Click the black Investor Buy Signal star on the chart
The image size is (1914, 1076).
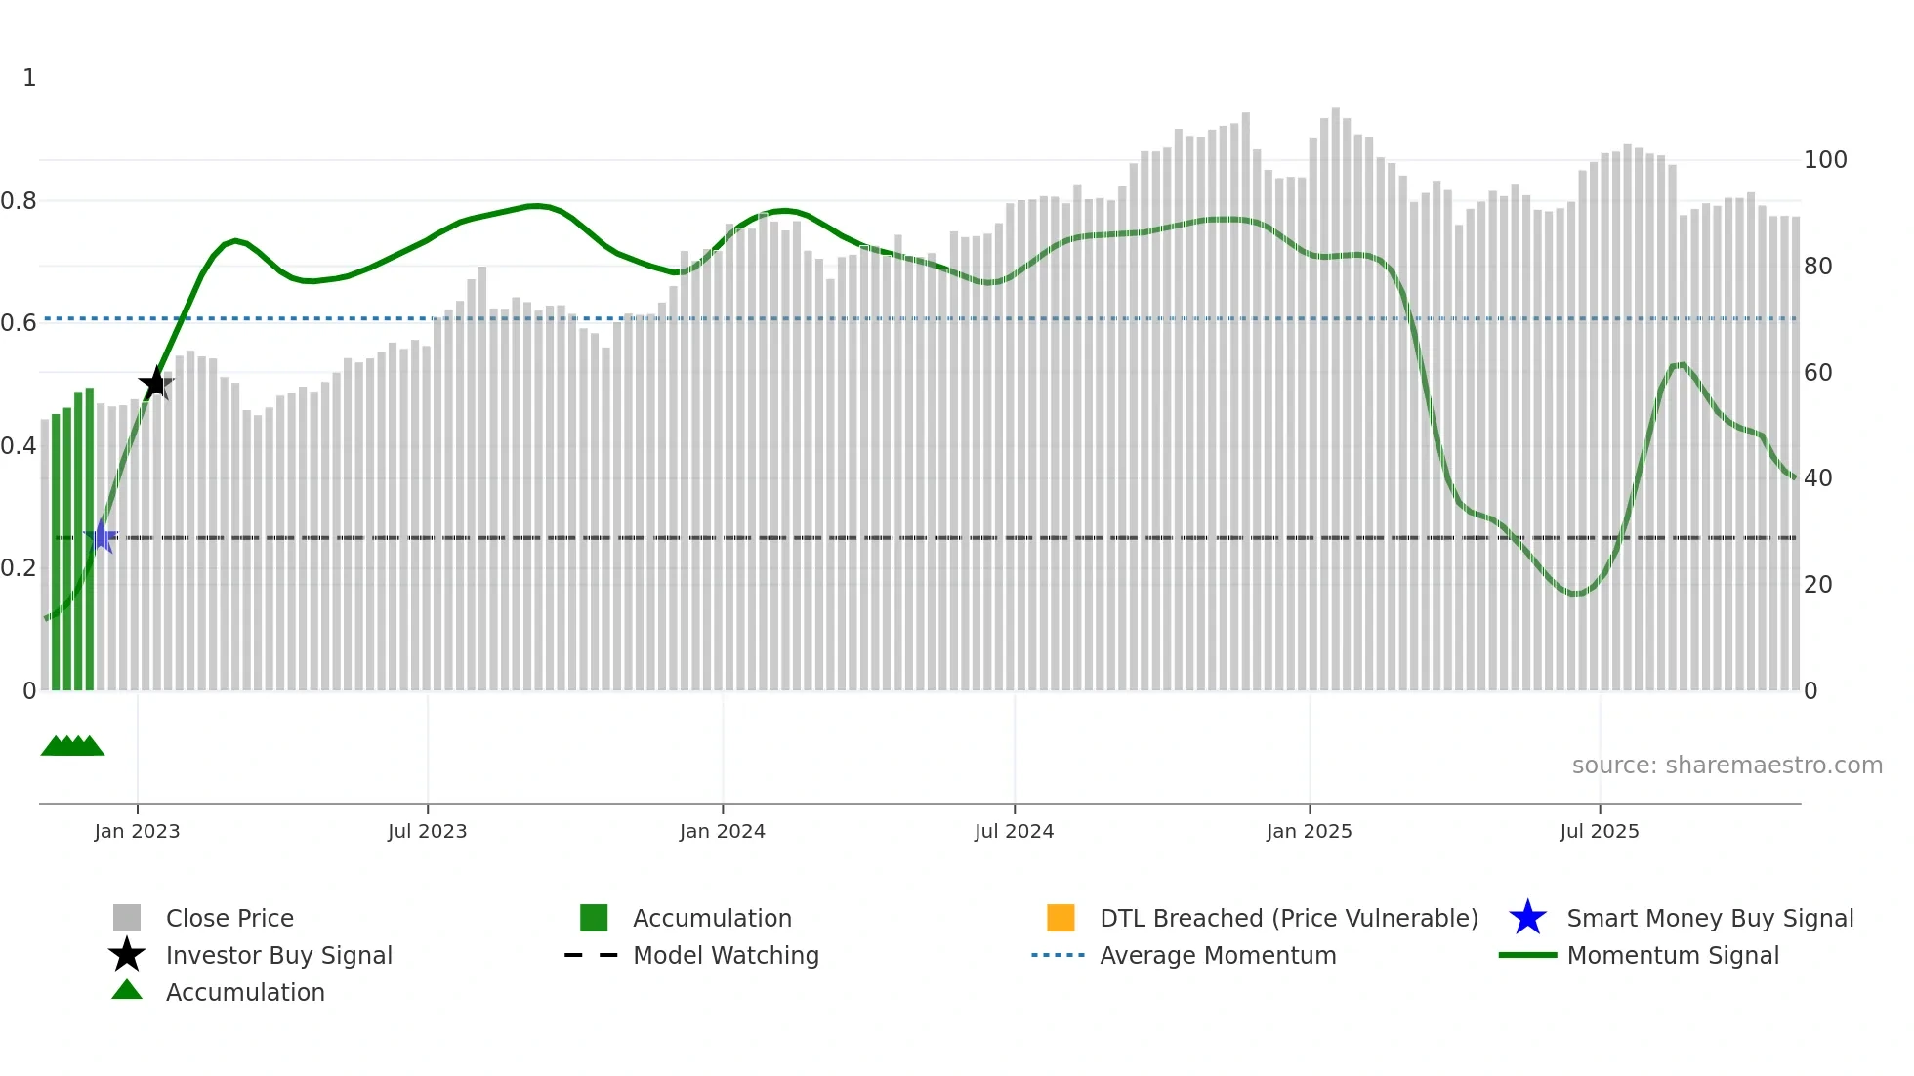pyautogui.click(x=156, y=384)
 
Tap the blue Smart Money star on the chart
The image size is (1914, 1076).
pyautogui.click(x=101, y=536)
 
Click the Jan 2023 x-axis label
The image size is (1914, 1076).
pyautogui.click(x=137, y=831)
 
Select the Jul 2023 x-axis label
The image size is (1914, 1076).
pyautogui.click(x=427, y=831)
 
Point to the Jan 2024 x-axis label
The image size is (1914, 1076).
pyautogui.click(x=722, y=831)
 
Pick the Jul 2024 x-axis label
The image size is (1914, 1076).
pyautogui.click(x=1014, y=831)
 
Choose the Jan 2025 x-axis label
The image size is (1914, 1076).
pyautogui.click(x=1309, y=831)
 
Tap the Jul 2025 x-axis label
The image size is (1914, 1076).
pyautogui.click(x=1599, y=831)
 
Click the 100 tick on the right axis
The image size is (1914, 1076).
pyautogui.click(x=1824, y=160)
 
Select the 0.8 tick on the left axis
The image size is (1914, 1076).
pyautogui.click(x=19, y=201)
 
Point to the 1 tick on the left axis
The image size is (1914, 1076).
pyautogui.click(x=29, y=78)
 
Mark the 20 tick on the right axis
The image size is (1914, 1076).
pyautogui.click(x=1817, y=585)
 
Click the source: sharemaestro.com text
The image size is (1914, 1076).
pyautogui.click(x=1727, y=766)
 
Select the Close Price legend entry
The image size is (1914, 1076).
pyautogui.click(x=229, y=918)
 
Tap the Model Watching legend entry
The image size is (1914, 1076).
pyautogui.click(x=726, y=955)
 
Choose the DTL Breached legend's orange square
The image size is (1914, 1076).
pyautogui.click(x=1061, y=918)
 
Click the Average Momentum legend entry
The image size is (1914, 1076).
pyautogui.click(x=1217, y=955)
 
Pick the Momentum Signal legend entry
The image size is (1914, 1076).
pyautogui.click(x=1672, y=955)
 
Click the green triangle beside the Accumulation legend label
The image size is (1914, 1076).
pyautogui.click(x=127, y=991)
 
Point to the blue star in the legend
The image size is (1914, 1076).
pyautogui.click(x=1527, y=918)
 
